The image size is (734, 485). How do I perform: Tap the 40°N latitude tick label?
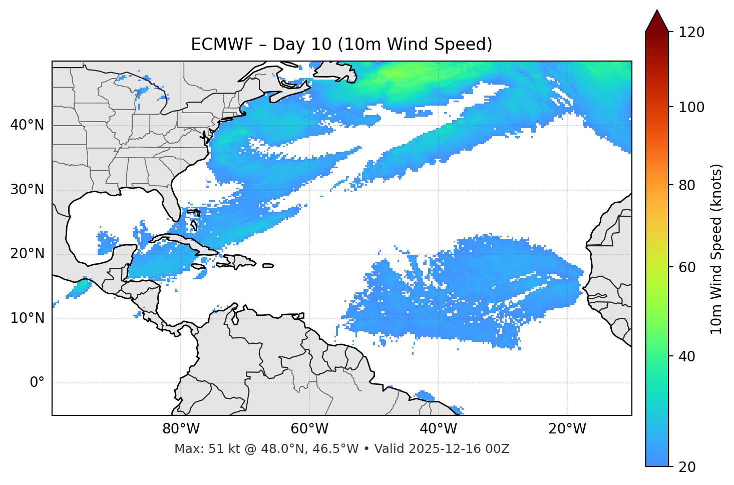coord(27,125)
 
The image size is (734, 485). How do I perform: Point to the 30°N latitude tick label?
coord(27,190)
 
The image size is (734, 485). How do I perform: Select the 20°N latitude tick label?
coord(27,254)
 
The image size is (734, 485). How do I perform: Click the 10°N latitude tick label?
coord(27,318)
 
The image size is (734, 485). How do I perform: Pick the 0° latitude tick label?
coord(37,383)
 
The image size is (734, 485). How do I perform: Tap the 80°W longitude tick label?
coord(181,429)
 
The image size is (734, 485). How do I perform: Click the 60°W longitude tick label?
coord(310,429)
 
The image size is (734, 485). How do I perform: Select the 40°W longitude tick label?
coord(439,429)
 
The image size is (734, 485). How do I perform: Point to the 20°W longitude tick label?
coord(567,429)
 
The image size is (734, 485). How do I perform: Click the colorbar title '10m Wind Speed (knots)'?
coord(716,249)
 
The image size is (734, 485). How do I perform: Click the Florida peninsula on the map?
coord(170,203)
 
